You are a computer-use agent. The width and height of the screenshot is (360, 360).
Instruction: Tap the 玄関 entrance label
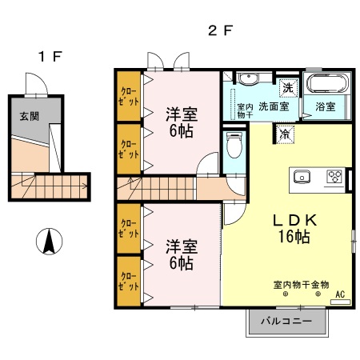coord(28,114)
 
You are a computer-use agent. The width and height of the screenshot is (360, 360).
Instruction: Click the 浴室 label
coord(324,106)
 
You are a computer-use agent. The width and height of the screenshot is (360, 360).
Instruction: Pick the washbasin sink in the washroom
coord(247,79)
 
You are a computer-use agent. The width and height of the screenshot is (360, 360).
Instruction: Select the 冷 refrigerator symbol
coord(285,134)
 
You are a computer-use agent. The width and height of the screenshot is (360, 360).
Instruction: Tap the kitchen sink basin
coord(302,177)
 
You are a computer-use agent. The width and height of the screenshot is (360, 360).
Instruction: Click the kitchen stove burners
coord(334,177)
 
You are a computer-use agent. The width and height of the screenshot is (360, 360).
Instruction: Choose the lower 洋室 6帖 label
coord(181,253)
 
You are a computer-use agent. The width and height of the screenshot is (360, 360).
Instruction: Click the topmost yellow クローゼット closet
coord(128,95)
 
